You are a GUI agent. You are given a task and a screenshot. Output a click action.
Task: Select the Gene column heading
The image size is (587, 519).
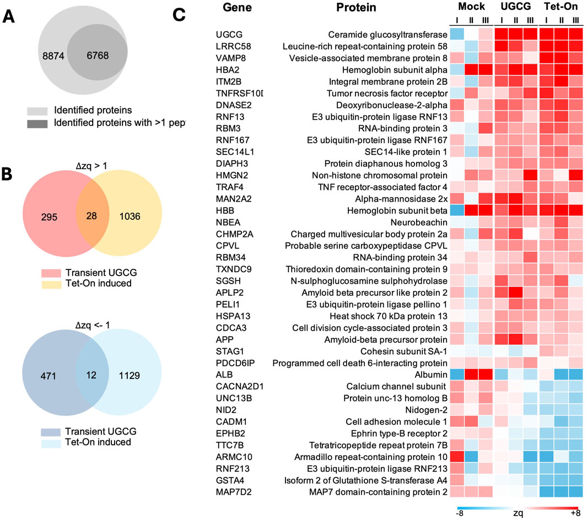(238, 9)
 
